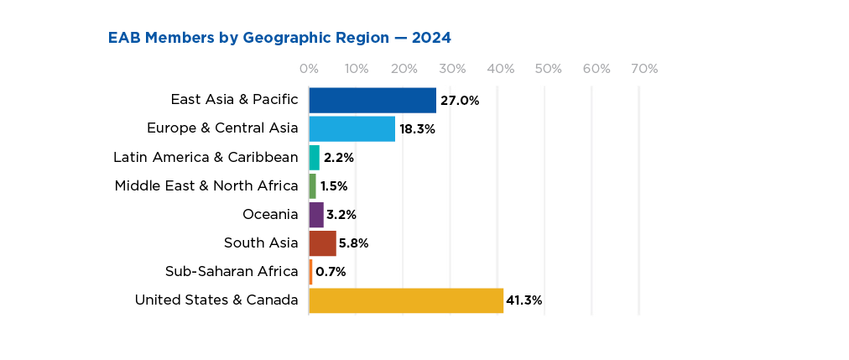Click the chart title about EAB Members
point(279,38)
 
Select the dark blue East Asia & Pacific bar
point(372,100)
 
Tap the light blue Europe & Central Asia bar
point(352,128)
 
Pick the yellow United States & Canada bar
point(406,300)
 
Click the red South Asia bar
point(323,243)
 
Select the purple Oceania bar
point(316,215)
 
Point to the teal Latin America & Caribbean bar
point(315,158)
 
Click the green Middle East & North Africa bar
point(313,185)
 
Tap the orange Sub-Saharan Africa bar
point(311,272)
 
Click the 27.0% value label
point(460,101)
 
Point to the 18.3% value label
point(417,129)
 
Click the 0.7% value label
point(331,272)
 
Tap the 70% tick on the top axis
point(644,69)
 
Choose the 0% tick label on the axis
point(309,69)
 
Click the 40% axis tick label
point(500,69)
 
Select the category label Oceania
point(270,215)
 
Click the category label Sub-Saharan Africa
point(232,271)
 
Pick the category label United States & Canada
point(216,300)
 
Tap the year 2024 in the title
point(430,38)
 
